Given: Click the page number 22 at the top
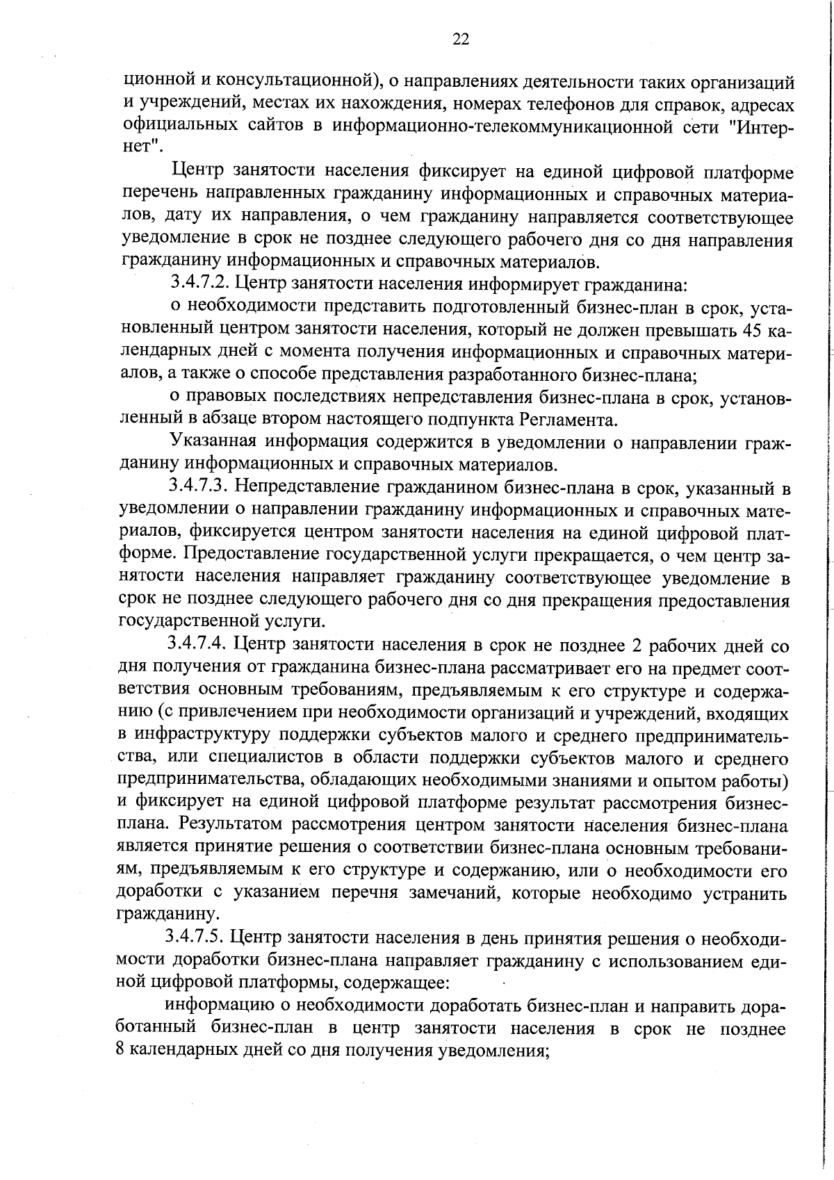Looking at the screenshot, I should (461, 40).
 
